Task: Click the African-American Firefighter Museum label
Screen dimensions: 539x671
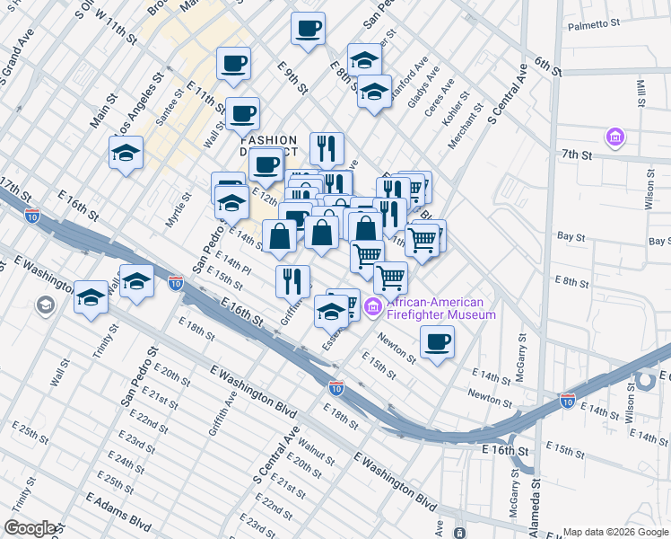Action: [x=440, y=308]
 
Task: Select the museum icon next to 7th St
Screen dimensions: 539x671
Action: [x=615, y=138]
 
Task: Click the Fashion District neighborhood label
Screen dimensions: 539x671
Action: [x=268, y=146]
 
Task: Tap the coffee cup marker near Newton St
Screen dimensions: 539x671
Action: [x=437, y=342]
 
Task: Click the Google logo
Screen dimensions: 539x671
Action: [x=30, y=528]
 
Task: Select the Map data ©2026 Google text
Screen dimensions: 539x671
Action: [x=615, y=532]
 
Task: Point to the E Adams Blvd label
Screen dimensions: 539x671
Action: [x=118, y=508]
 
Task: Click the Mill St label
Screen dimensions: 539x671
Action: [x=641, y=92]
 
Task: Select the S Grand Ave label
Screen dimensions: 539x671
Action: [x=17, y=64]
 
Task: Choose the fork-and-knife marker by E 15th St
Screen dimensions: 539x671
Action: [x=293, y=281]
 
